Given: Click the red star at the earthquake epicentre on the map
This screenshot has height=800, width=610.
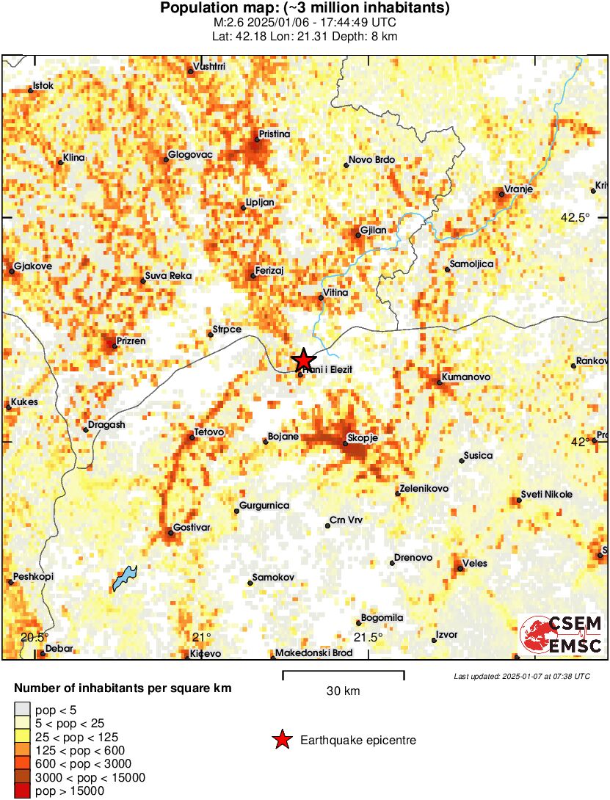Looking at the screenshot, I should [303, 360].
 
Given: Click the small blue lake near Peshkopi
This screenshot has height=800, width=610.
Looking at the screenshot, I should [124, 578].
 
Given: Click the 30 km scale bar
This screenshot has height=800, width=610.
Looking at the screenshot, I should [344, 672].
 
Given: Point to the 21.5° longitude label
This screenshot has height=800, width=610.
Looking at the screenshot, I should [368, 637].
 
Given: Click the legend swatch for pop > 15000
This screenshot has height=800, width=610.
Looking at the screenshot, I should [23, 791].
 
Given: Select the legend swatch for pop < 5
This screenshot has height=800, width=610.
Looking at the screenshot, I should [23, 709].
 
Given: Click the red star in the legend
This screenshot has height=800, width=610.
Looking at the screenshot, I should [282, 741].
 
